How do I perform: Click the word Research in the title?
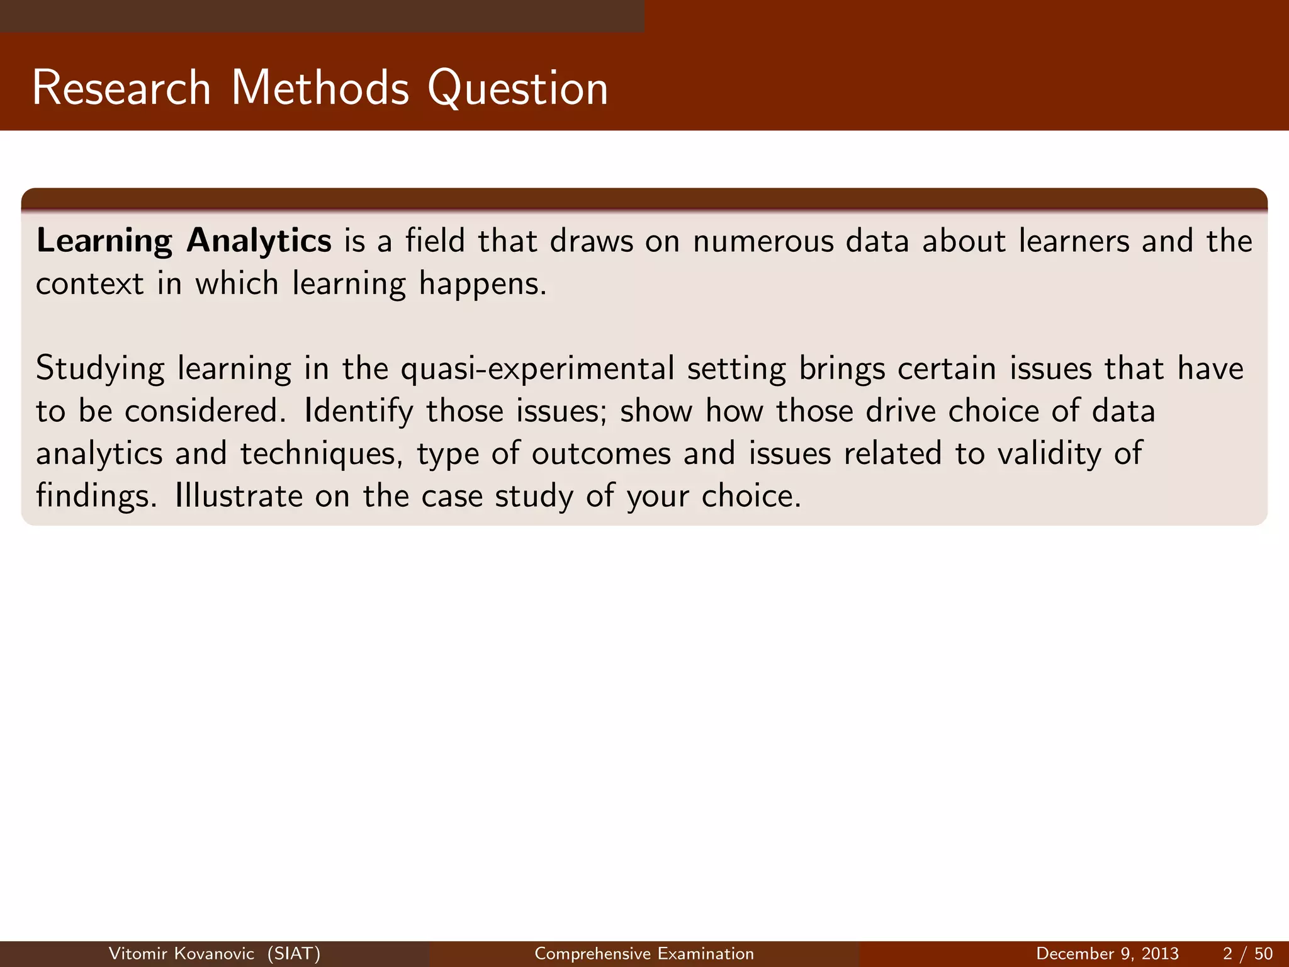[x=121, y=88]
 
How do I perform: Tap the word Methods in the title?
[x=320, y=88]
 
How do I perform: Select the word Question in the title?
[x=517, y=88]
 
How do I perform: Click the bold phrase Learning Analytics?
[x=184, y=242]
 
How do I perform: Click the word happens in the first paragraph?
[x=481, y=285]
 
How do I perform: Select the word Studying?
[x=99, y=370]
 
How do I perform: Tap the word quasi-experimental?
[x=538, y=370]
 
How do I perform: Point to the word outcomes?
[x=601, y=455]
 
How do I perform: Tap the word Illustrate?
[x=239, y=496]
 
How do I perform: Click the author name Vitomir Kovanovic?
[x=181, y=954]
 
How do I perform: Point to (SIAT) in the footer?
[x=294, y=954]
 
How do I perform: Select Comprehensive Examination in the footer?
[x=644, y=954]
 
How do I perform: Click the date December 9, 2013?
[x=1107, y=954]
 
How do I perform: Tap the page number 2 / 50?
[x=1247, y=954]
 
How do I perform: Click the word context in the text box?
[x=89, y=285]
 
